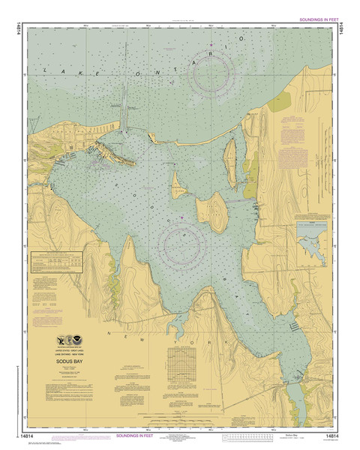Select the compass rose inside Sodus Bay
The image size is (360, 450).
(182, 243)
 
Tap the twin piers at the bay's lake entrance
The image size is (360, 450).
(125, 112)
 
